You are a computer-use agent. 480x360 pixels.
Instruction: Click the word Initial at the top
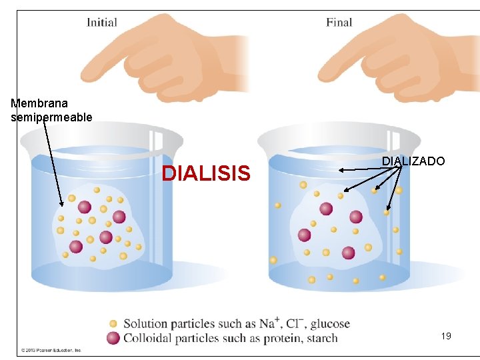(101, 23)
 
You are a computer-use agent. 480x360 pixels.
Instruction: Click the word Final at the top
(339, 23)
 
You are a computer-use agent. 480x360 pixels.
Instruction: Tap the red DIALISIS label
(207, 174)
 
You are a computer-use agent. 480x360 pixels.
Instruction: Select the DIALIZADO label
(413, 161)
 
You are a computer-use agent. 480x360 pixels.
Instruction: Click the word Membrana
(39, 103)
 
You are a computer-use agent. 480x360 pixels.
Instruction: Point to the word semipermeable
(51, 117)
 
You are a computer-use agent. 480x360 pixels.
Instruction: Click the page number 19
(446, 336)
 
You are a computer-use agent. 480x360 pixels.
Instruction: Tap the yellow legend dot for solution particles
(113, 324)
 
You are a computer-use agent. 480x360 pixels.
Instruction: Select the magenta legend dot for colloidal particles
(113, 338)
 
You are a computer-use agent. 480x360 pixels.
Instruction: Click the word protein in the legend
(276, 338)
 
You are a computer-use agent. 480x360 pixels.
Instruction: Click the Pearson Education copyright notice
(51, 349)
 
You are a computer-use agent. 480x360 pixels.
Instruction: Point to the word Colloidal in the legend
(149, 338)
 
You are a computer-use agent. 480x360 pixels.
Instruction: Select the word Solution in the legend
(146, 324)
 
